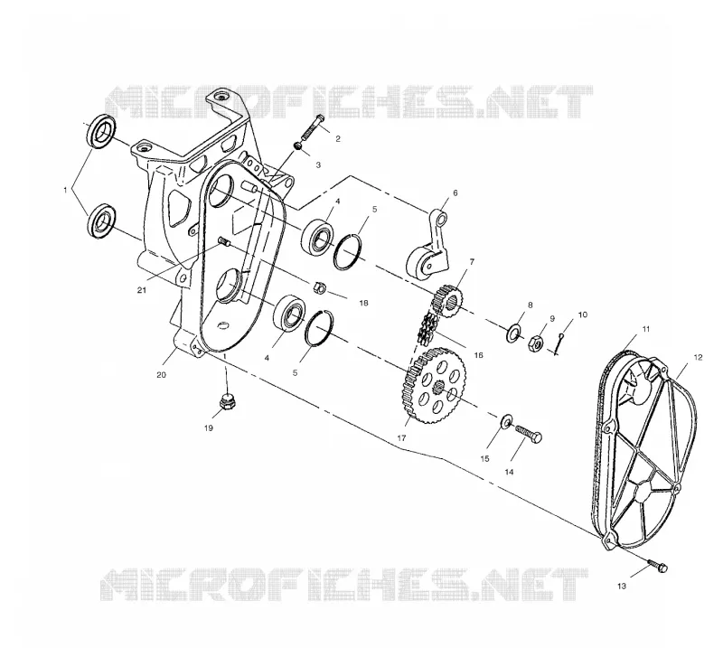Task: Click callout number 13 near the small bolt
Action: tap(622, 586)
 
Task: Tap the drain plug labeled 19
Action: tap(225, 401)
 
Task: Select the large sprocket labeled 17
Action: tap(435, 386)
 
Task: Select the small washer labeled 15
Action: tap(506, 420)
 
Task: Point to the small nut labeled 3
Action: tap(298, 146)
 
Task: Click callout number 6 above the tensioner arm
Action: tap(455, 193)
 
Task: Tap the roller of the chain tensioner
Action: tap(418, 265)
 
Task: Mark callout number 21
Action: tap(142, 289)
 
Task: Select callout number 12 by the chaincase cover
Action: tap(698, 357)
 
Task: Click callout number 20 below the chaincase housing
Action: tap(161, 375)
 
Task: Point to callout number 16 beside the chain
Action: tap(478, 354)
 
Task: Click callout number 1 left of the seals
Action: tap(65, 190)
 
